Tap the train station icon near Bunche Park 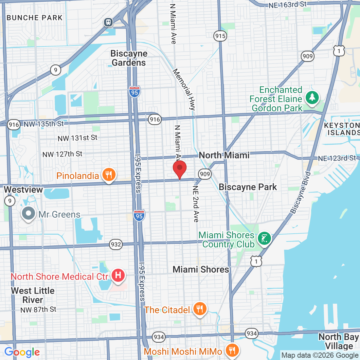point(108,22)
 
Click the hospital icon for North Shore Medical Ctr point(118,275)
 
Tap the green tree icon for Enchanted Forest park point(312,97)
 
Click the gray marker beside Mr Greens point(28,213)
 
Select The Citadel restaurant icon point(199,309)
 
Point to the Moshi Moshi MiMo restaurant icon point(232,350)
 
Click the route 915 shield point(220,36)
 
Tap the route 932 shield point(116,244)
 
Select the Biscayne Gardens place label point(129,58)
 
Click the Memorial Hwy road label point(184,89)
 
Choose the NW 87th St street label point(38,310)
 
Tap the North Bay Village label point(338,341)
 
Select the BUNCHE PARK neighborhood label point(34,18)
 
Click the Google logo point(22,352)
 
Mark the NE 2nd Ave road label point(196,204)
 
